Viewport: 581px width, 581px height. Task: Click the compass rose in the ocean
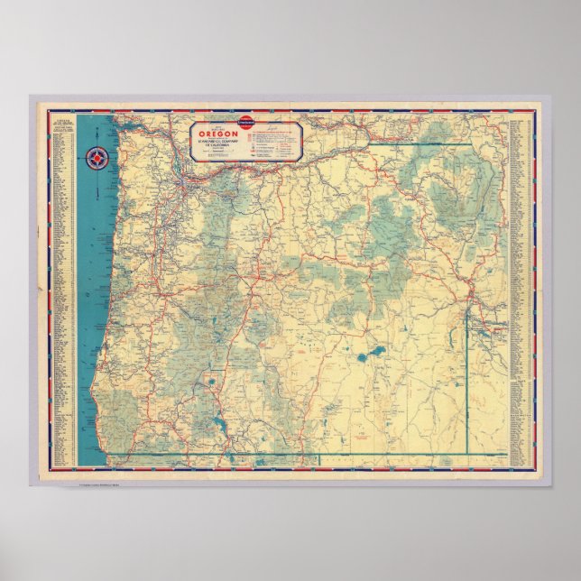point(96,159)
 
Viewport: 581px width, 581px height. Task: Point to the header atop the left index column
point(62,121)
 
